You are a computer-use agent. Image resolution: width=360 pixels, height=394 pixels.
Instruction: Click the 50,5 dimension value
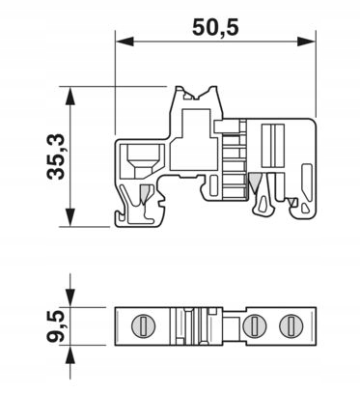[215, 27]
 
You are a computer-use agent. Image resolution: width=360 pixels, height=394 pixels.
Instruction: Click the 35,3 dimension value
[56, 156]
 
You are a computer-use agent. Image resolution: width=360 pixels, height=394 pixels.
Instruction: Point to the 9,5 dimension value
[56, 326]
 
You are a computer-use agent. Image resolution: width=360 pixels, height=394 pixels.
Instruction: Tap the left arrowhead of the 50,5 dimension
[125, 42]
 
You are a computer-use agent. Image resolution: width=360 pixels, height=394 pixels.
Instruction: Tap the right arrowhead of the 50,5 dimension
[307, 42]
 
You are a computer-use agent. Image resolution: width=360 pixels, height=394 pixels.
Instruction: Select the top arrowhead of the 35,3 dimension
[70, 96]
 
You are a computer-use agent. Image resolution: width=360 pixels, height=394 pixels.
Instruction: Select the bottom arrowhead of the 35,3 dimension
[70, 217]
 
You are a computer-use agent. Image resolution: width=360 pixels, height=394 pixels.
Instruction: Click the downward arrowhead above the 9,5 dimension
[70, 297]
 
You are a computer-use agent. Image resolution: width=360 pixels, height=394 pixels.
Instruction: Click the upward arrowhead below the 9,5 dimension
[70, 354]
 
